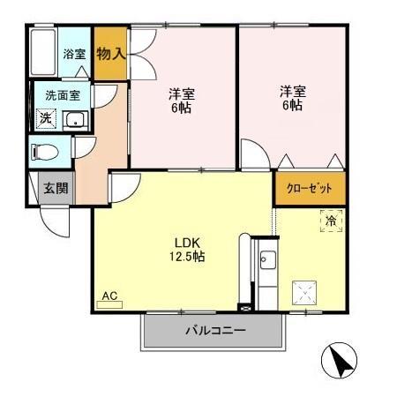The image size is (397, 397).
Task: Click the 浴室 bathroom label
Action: click(74, 54)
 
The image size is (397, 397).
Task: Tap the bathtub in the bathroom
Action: click(43, 54)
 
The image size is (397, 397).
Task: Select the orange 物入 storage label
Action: click(110, 54)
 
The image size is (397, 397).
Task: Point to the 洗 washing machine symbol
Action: click(43, 118)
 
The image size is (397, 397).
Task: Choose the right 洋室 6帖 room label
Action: click(292, 97)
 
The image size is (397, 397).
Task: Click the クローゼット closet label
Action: click(309, 188)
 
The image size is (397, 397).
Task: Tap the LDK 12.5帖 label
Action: click(189, 250)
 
